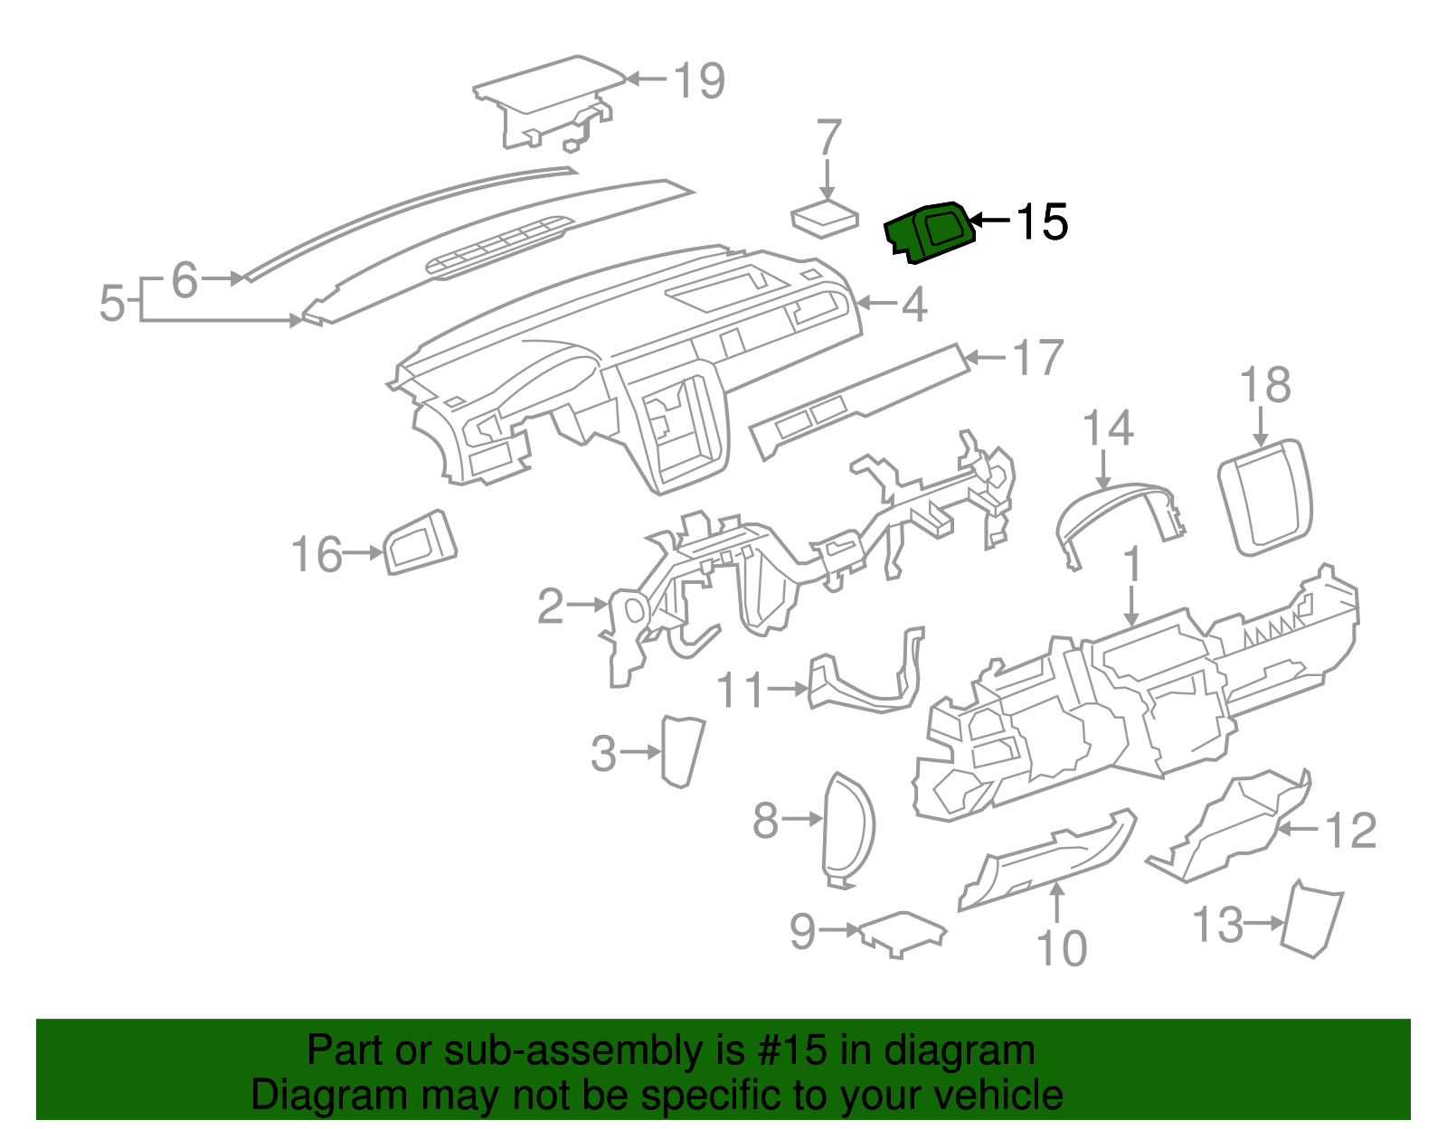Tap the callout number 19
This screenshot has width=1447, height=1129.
[699, 81]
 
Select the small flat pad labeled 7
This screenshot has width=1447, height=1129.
[824, 219]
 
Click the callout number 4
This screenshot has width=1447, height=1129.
[914, 305]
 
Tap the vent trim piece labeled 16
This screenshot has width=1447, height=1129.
[421, 541]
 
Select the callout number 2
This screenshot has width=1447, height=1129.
[551, 607]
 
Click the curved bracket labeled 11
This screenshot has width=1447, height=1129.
[864, 682]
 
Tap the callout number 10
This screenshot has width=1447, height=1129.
[1061, 948]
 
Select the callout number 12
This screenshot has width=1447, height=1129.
[1350, 831]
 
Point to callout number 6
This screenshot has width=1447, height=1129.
[184, 279]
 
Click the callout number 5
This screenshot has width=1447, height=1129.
[111, 303]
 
